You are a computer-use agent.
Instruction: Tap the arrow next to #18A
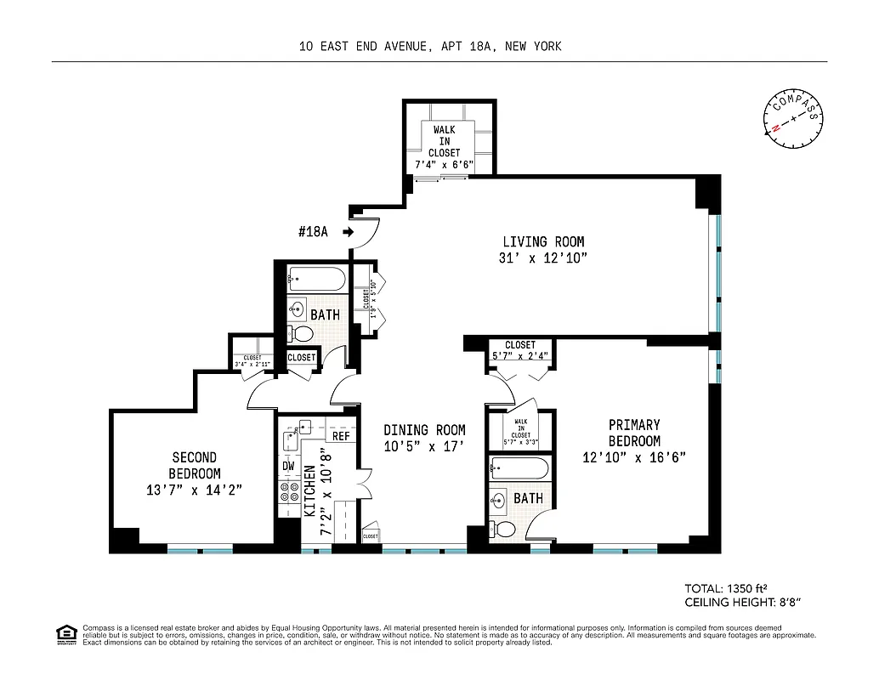click(348, 231)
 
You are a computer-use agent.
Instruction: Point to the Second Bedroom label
click(194, 465)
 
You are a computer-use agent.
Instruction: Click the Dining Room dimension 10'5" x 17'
click(424, 446)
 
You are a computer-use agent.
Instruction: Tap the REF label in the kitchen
click(341, 436)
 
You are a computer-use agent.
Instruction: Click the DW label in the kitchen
click(288, 466)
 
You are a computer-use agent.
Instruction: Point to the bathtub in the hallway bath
click(315, 278)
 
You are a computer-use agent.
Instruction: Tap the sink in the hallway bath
click(298, 309)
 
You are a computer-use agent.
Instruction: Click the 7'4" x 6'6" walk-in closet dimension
click(445, 164)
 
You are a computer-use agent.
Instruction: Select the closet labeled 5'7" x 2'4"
click(520, 350)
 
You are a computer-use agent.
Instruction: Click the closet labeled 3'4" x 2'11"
click(252, 360)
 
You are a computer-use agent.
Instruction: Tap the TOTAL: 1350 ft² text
click(728, 588)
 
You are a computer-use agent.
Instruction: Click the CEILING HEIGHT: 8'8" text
click(744, 603)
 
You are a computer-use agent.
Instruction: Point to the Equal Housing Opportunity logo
click(64, 632)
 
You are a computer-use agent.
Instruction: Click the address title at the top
click(430, 47)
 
